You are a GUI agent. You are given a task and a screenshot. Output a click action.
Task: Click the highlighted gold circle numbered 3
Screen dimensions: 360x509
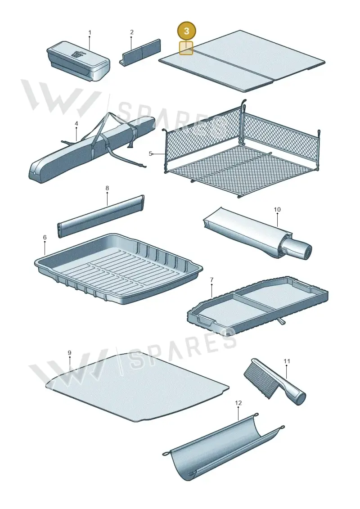(x=186, y=32)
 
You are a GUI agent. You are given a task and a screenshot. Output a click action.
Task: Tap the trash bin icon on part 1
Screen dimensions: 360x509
(x=78, y=54)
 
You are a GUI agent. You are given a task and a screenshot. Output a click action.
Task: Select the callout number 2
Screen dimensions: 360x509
(x=131, y=32)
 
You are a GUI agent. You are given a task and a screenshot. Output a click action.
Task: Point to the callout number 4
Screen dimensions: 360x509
(x=76, y=124)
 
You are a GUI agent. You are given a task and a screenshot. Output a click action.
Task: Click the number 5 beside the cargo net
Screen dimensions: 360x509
(x=150, y=153)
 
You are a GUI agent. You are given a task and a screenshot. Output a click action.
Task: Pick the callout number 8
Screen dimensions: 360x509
(x=107, y=188)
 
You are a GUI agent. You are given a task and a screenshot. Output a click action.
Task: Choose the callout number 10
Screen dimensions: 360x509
(x=277, y=210)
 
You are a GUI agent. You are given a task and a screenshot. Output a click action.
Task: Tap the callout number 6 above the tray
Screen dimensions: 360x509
(x=45, y=238)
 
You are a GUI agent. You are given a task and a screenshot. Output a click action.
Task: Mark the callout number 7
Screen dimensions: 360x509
(x=211, y=280)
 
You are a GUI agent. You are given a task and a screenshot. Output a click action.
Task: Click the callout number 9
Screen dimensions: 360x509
(x=69, y=353)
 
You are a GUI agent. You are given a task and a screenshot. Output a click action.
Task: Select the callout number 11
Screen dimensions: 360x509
(x=287, y=361)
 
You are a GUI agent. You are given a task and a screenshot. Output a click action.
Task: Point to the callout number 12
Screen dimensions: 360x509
(x=238, y=403)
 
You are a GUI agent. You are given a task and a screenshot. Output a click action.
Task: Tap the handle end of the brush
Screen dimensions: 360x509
(x=300, y=398)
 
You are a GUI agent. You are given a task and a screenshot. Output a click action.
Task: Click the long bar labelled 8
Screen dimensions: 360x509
(x=101, y=216)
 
